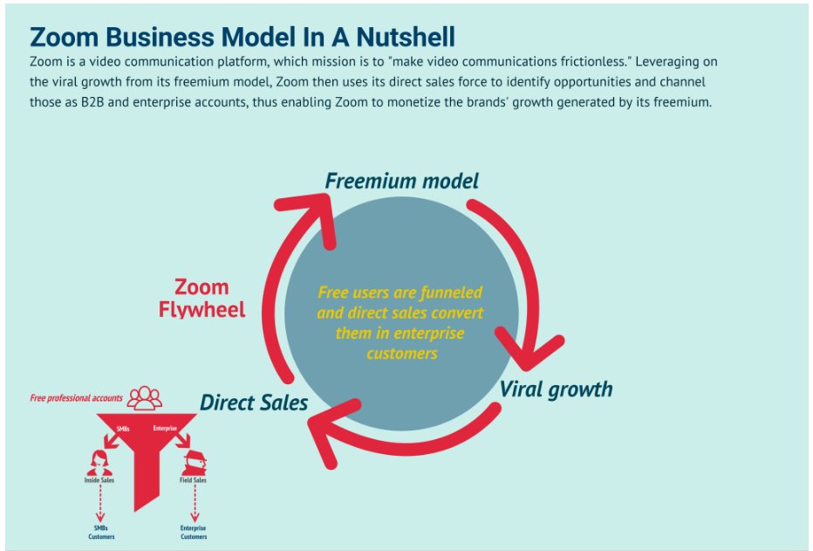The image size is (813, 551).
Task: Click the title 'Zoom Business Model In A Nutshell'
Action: point(243,37)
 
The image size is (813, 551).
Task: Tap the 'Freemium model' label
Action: point(401,181)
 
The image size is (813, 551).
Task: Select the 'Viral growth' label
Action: point(556,389)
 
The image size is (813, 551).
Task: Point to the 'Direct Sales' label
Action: point(253,403)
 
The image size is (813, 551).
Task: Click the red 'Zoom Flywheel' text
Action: point(202,298)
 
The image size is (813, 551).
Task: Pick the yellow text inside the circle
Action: point(400,322)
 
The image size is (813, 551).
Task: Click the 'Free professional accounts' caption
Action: point(76,398)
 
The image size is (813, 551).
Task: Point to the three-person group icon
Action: point(145,398)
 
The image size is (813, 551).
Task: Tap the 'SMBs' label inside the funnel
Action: point(124,429)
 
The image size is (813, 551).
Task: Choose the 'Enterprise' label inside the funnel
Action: point(165,429)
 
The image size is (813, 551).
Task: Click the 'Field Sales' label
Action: point(194,480)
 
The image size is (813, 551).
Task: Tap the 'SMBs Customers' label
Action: point(100,532)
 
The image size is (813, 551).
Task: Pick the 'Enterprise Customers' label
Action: point(194,532)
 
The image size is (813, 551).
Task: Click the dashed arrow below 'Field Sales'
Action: point(194,502)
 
